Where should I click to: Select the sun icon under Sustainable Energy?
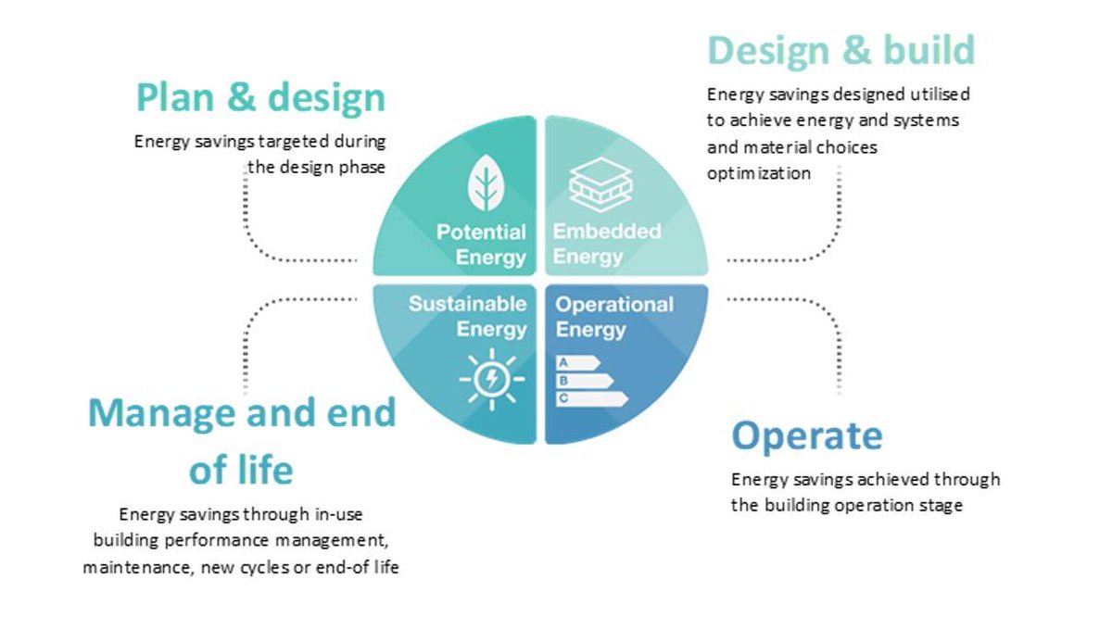point(490,378)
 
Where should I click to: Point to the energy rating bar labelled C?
point(591,398)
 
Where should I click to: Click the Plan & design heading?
point(260,97)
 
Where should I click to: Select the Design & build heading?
point(840,50)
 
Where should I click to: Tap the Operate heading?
point(806,435)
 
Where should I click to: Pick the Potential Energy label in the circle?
point(482,245)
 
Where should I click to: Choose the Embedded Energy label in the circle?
point(607,244)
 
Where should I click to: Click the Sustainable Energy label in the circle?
point(468,316)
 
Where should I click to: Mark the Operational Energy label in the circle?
point(614,317)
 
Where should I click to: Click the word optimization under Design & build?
point(759,173)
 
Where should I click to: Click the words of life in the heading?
point(241,470)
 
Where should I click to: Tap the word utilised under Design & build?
point(937,94)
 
